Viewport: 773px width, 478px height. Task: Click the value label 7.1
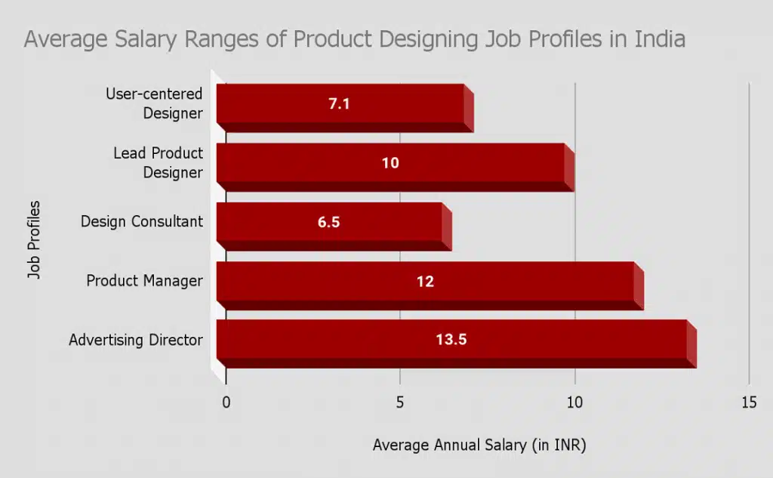tap(339, 104)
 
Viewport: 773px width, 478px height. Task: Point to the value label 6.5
tap(329, 223)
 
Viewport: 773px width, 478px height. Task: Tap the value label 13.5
tap(451, 340)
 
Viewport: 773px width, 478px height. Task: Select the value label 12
tap(425, 282)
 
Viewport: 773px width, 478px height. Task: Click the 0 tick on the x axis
tap(226, 402)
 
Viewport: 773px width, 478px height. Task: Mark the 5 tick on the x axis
tap(400, 402)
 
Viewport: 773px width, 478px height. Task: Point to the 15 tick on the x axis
tap(748, 402)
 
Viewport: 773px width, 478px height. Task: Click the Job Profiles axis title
tap(34, 239)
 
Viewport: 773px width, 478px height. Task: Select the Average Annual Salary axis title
tap(479, 446)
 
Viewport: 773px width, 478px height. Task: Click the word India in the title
tap(659, 39)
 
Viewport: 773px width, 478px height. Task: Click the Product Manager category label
tap(144, 281)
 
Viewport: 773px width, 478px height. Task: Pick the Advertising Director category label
tap(136, 340)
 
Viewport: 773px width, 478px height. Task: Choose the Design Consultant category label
tap(142, 222)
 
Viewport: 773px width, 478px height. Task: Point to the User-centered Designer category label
tap(155, 104)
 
